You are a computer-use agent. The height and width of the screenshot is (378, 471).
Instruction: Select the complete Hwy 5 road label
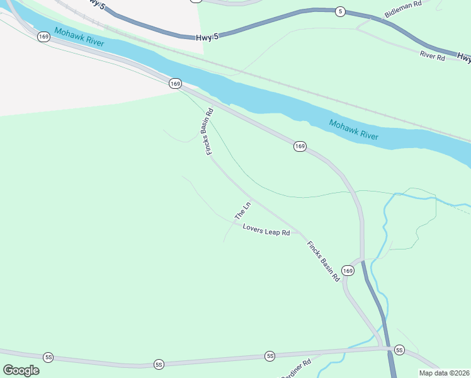click(207, 38)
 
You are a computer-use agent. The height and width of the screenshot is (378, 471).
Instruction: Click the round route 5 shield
click(340, 11)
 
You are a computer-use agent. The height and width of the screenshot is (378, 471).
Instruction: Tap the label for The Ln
click(243, 210)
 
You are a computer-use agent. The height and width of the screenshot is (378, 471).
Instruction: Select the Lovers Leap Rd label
click(266, 232)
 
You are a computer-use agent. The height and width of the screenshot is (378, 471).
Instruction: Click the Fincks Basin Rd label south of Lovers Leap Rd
click(323, 260)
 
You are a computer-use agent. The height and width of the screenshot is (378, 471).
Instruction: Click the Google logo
click(21, 370)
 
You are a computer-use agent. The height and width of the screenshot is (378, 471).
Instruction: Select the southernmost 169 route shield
click(348, 270)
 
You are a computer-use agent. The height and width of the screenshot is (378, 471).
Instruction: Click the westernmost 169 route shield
click(43, 37)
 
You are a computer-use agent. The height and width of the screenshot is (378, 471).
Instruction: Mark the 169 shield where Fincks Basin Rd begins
click(175, 83)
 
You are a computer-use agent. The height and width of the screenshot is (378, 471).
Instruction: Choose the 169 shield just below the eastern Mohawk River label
click(300, 146)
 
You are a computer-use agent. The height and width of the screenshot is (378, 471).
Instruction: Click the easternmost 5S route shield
click(399, 350)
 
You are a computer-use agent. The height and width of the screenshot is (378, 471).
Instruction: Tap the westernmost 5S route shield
click(48, 357)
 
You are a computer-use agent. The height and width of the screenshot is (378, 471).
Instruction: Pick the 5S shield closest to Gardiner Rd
click(270, 357)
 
